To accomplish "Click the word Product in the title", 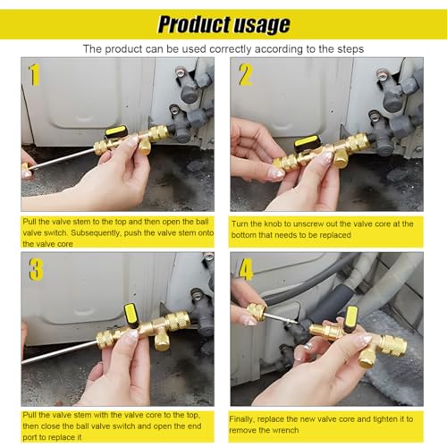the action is [194, 24].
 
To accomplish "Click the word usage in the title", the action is [261, 26].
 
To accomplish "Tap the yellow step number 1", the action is [35, 75].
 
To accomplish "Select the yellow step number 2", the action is [246, 75].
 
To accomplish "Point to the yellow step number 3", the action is [36, 269].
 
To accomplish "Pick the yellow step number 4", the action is [246, 269].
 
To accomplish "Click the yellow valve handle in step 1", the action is [115, 131].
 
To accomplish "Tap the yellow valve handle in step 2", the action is [308, 140].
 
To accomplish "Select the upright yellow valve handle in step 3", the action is [131, 316].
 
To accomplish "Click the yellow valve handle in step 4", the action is [350, 318].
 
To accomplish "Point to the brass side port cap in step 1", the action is [145, 146].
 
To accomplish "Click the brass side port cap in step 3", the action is [161, 340].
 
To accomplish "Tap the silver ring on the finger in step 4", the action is [308, 346].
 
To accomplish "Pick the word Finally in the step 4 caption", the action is [241, 419].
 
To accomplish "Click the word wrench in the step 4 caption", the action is [284, 431].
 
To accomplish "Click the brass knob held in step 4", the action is [257, 312].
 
